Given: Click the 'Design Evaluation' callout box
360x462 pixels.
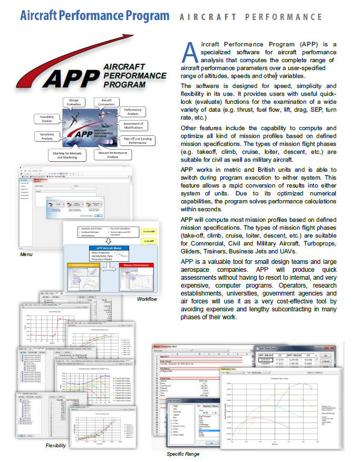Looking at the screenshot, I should click(x=74, y=103).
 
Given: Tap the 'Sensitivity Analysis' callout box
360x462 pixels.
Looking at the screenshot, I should click(x=47, y=136).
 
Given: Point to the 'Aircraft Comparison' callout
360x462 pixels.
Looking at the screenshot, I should click(x=106, y=103).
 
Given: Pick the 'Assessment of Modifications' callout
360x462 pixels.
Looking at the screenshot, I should click(x=133, y=126).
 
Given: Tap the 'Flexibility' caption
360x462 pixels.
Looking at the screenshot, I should click(x=55, y=446).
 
